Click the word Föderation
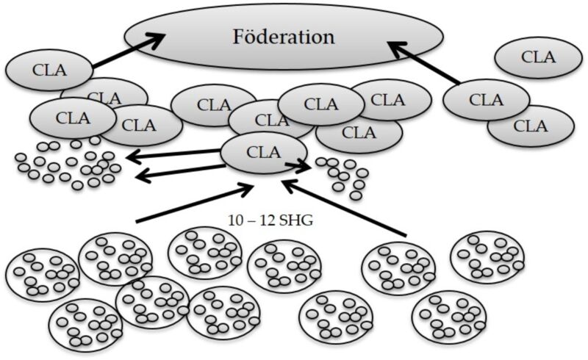284,37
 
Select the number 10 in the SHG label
235,221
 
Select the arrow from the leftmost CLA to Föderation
129,50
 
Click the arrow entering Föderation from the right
424,62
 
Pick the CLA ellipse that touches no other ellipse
539,57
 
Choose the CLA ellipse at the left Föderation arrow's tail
49,70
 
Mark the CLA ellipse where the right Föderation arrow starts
486,100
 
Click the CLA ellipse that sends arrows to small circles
264,153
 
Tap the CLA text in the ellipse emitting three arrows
264,153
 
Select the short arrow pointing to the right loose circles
298,166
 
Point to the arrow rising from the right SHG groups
343,209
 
